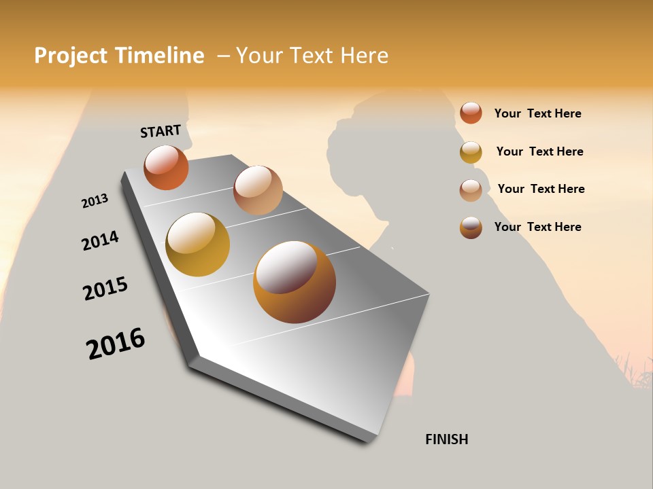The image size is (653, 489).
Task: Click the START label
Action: pyautogui.click(x=161, y=131)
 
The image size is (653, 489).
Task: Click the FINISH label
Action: pyautogui.click(x=446, y=439)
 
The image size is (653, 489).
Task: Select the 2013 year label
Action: pyautogui.click(x=95, y=201)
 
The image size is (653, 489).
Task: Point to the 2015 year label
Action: pyautogui.click(x=105, y=289)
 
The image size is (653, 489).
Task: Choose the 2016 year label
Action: pyautogui.click(x=116, y=343)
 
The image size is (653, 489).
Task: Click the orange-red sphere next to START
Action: pyautogui.click(x=166, y=167)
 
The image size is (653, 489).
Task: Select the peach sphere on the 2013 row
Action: pyautogui.click(x=258, y=189)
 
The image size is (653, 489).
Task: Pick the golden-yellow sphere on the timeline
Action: pyautogui.click(x=197, y=244)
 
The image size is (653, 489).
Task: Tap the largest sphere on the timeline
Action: pyautogui.click(x=294, y=282)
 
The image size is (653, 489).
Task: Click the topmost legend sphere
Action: pyautogui.click(x=471, y=113)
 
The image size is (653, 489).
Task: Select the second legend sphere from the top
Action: pyautogui.click(x=471, y=152)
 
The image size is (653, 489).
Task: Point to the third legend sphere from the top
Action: pyautogui.click(x=471, y=190)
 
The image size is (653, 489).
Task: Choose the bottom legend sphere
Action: pyautogui.click(x=471, y=228)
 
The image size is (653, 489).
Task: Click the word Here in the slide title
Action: pyautogui.click(x=363, y=56)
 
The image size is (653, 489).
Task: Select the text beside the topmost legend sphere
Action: pyautogui.click(x=537, y=113)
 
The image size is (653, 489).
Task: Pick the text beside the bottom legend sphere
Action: pyautogui.click(x=537, y=227)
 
